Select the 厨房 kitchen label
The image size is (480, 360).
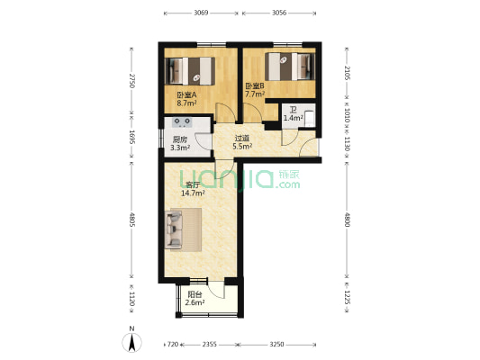(180, 140)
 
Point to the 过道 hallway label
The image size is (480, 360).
(242, 139)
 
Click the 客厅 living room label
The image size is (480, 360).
(193, 185)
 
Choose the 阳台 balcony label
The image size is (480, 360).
(195, 295)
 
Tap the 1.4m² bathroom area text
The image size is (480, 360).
(294, 118)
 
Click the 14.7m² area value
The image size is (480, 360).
(193, 193)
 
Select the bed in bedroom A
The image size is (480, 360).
(189, 71)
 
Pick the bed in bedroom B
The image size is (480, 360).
(290, 67)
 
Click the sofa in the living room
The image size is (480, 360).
(174, 229)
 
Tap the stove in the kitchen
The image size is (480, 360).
(182, 122)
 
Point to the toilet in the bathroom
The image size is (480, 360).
(310, 119)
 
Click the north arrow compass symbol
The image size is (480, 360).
(132, 342)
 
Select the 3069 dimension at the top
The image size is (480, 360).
(201, 13)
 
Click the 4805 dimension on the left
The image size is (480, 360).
(132, 220)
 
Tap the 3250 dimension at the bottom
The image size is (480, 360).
(276, 345)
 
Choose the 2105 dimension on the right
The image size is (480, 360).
(347, 73)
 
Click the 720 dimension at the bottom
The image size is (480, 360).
(173, 345)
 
